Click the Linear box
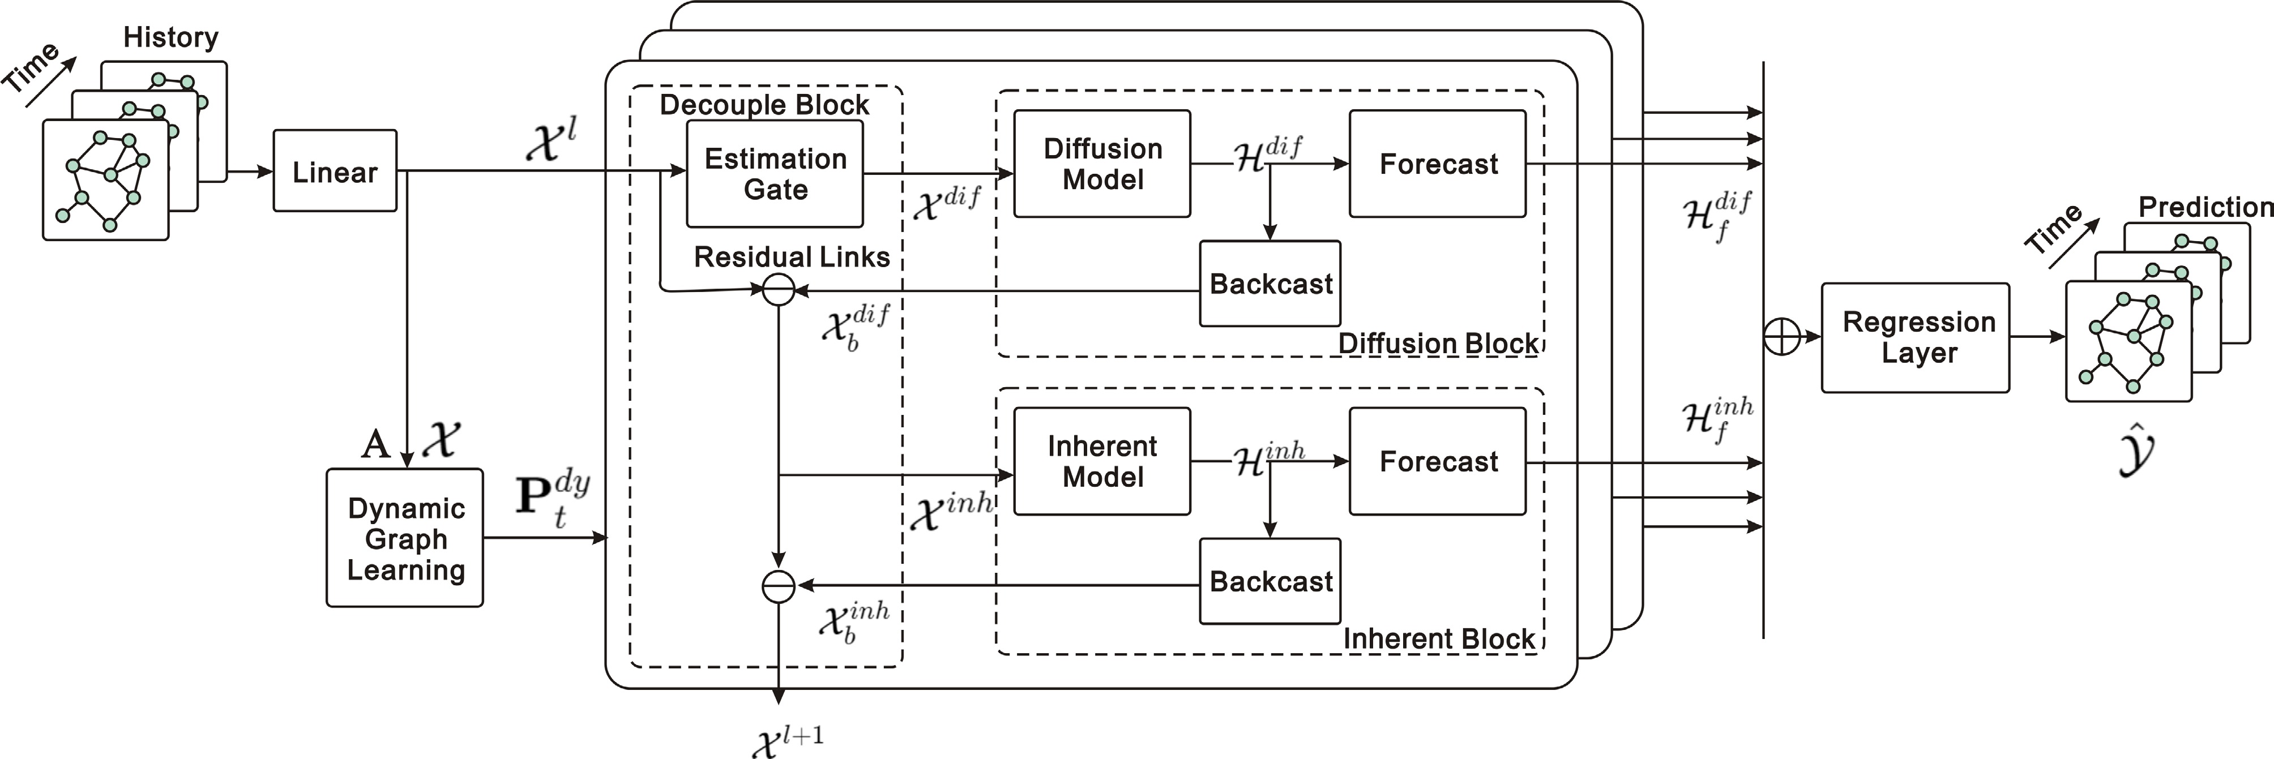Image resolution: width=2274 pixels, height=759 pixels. [335, 171]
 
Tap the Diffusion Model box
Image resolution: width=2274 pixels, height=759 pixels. [1102, 164]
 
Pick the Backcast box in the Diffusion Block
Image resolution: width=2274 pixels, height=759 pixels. [1269, 284]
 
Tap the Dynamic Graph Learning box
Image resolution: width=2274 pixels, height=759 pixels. [405, 538]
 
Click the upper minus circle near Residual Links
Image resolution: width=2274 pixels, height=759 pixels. [777, 289]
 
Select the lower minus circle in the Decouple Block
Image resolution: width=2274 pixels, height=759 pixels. [777, 586]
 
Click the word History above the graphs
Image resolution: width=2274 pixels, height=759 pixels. [170, 37]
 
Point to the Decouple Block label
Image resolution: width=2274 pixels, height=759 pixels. [764, 105]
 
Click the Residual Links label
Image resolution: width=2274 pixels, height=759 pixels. [791, 257]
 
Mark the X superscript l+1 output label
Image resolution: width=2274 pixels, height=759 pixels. [788, 740]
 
